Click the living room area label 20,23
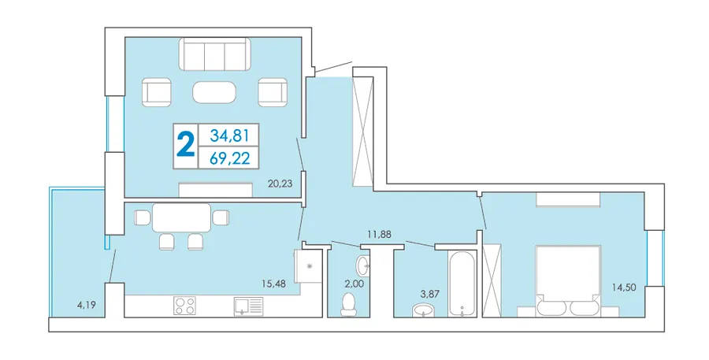click(x=280, y=184)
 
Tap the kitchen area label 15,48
click(x=273, y=285)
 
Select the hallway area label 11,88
click(x=379, y=234)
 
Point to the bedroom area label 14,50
click(x=624, y=287)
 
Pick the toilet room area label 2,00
click(x=354, y=284)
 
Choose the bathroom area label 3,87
click(x=429, y=294)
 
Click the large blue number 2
click(x=186, y=144)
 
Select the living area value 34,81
click(x=230, y=135)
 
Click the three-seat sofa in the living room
click(x=215, y=54)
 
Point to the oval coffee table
click(x=214, y=93)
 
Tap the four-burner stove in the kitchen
click(x=184, y=306)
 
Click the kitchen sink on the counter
click(x=248, y=306)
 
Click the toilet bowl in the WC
click(x=348, y=304)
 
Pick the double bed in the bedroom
click(x=568, y=281)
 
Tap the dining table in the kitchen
click(x=182, y=218)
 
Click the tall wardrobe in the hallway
click(x=362, y=131)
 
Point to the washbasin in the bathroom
click(x=423, y=310)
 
